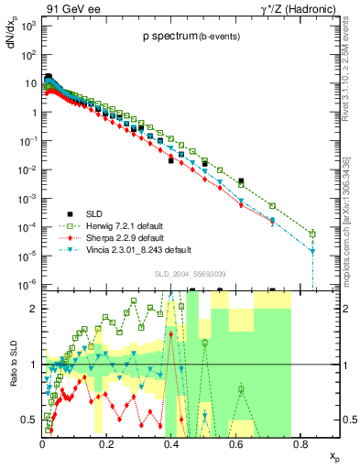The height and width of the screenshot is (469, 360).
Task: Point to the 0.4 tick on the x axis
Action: (x=170, y=440)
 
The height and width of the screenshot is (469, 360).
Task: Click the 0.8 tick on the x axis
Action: (x=300, y=440)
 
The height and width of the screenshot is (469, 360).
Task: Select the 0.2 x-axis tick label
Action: (x=106, y=440)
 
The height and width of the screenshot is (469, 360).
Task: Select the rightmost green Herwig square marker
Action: (x=312, y=234)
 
